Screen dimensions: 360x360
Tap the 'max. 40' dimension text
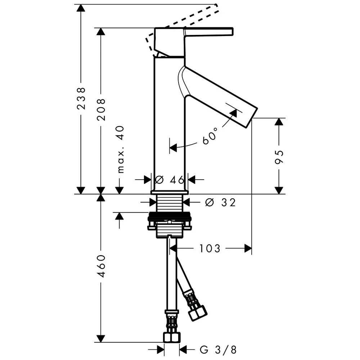[x=120, y=149]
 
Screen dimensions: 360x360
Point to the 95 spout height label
[x=279, y=157]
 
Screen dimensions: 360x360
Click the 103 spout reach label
[x=210, y=248]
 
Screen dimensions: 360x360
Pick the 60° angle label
[x=210, y=136]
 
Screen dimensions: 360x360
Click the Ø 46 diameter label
[x=170, y=180]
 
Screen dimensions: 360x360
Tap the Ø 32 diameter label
[x=220, y=202]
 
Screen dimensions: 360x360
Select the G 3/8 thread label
[x=218, y=350]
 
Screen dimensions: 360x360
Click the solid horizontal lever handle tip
[x=232, y=32]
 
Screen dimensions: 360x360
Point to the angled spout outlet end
[x=252, y=117]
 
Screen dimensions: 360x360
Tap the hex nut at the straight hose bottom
[x=171, y=337]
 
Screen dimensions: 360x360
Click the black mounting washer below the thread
[x=170, y=216]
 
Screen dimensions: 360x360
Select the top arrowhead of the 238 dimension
[x=81, y=8]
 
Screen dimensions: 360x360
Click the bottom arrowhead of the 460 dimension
[x=100, y=338]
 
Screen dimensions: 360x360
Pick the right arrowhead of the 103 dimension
[x=248, y=248]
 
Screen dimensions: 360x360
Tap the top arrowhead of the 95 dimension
[x=279, y=122]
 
